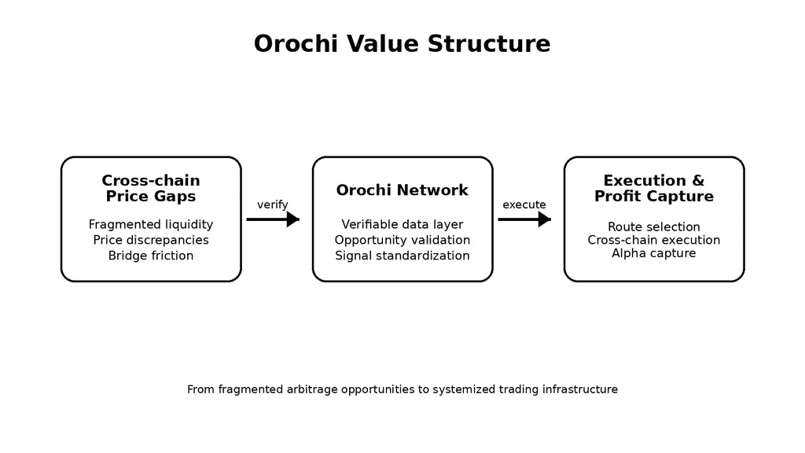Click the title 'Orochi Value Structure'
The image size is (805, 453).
[x=402, y=44]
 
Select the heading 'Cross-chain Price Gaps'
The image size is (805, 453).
[x=151, y=189]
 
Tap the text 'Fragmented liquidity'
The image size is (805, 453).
[x=151, y=225]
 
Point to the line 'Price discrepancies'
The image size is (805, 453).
[x=151, y=240]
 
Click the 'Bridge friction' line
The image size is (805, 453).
[x=151, y=256]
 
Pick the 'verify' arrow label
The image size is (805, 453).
[x=273, y=205]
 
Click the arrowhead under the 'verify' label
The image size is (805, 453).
[x=292, y=219]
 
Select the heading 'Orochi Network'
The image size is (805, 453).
[x=402, y=190]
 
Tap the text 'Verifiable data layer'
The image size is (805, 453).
[x=402, y=225]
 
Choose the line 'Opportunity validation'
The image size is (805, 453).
[x=402, y=240]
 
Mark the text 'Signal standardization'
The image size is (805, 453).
[x=402, y=256]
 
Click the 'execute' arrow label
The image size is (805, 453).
[x=524, y=205]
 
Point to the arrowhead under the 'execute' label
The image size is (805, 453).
[x=544, y=219]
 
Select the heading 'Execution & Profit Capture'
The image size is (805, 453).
[x=654, y=189]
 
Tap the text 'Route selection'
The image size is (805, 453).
[x=654, y=227]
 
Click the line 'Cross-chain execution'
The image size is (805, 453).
[x=654, y=240]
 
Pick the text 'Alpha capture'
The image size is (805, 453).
[x=654, y=253]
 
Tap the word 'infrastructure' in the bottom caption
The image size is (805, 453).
[x=580, y=389]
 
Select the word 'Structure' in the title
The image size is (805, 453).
[x=489, y=44]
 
